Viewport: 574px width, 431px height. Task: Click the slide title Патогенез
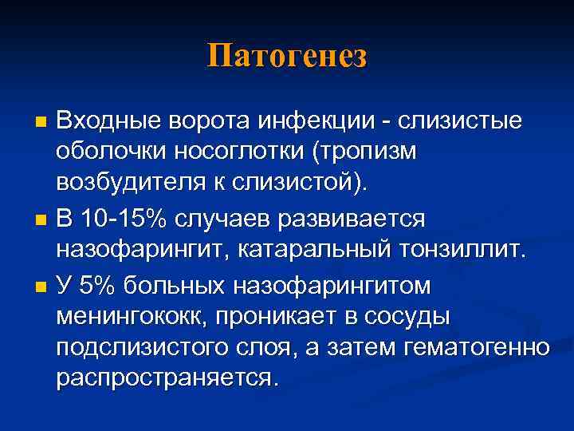[x=287, y=57]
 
